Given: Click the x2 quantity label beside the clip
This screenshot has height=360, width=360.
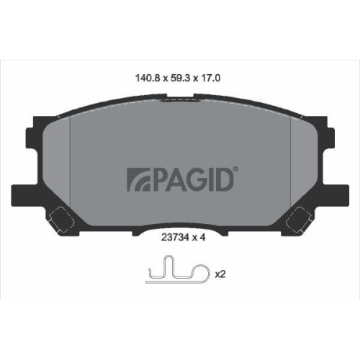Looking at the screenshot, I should pyautogui.click(x=220, y=274).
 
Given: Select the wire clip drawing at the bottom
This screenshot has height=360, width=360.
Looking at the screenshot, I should pyautogui.click(x=177, y=274).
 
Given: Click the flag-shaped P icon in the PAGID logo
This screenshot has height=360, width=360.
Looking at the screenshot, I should pyautogui.click(x=137, y=179).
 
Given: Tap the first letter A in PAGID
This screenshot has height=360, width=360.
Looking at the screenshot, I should pyautogui.click(x=168, y=179).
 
